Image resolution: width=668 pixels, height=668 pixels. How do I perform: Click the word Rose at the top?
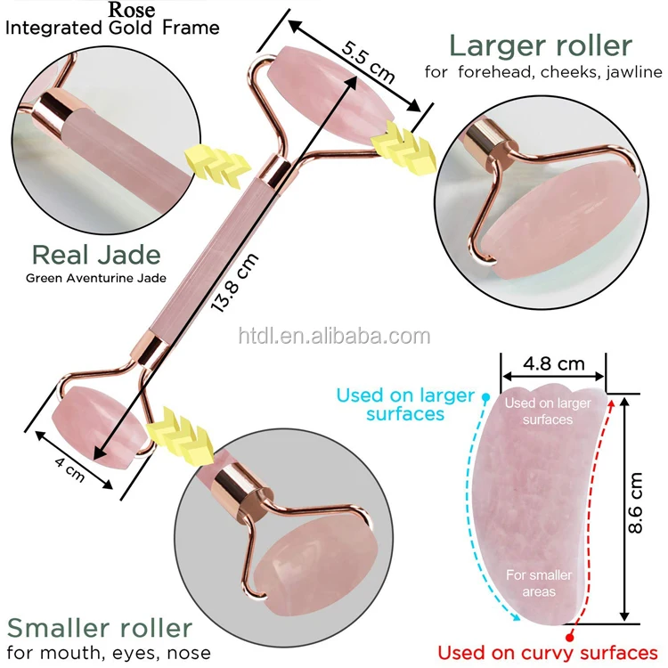(x=131, y=10)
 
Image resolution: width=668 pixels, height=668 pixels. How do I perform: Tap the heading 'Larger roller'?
(x=541, y=45)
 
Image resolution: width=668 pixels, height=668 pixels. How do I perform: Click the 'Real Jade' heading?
(x=96, y=255)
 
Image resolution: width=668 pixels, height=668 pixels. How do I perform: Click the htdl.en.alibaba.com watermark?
(x=334, y=336)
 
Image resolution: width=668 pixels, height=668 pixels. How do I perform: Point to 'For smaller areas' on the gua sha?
(x=539, y=583)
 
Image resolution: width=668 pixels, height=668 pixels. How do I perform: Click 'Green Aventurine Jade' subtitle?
(x=96, y=278)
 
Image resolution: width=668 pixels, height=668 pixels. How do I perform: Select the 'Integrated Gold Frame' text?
(x=112, y=29)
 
